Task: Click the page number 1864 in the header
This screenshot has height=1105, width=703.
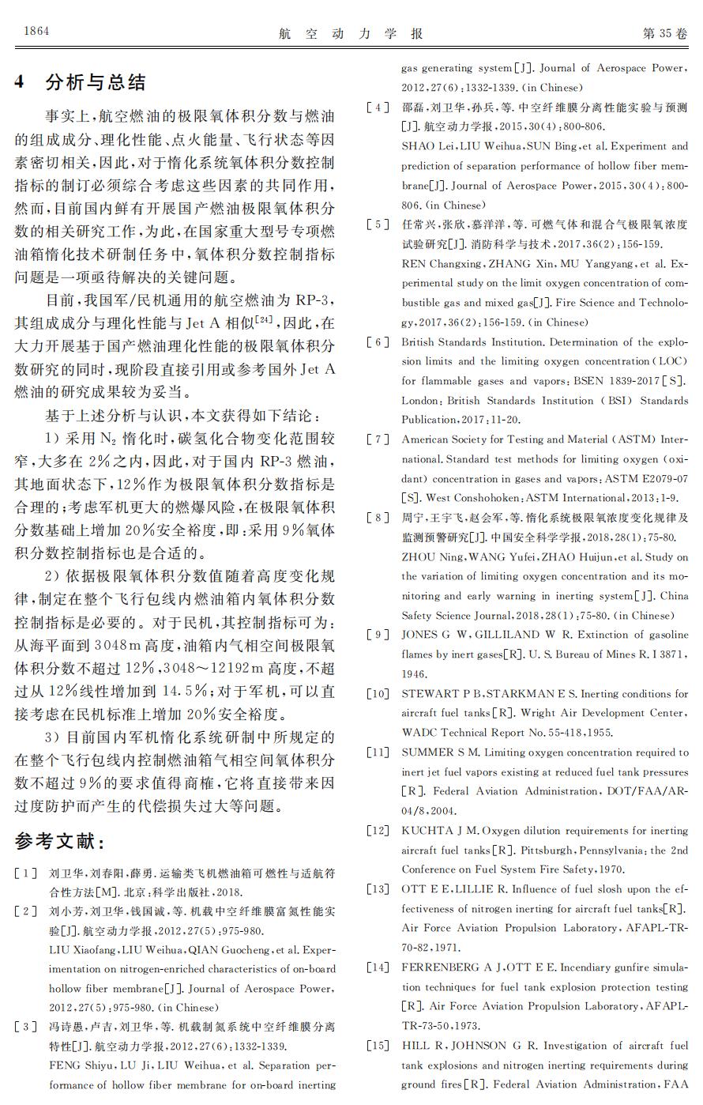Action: pos(36,32)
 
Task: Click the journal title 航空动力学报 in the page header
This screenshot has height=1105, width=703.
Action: pos(351,33)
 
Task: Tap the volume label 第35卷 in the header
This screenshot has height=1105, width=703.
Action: pos(664,33)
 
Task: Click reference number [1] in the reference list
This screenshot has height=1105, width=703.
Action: pos(25,873)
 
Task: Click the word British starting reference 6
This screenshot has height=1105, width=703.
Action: pos(419,342)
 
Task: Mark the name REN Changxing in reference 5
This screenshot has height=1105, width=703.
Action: pos(441,264)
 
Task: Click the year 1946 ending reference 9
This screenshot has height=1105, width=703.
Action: pos(414,674)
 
